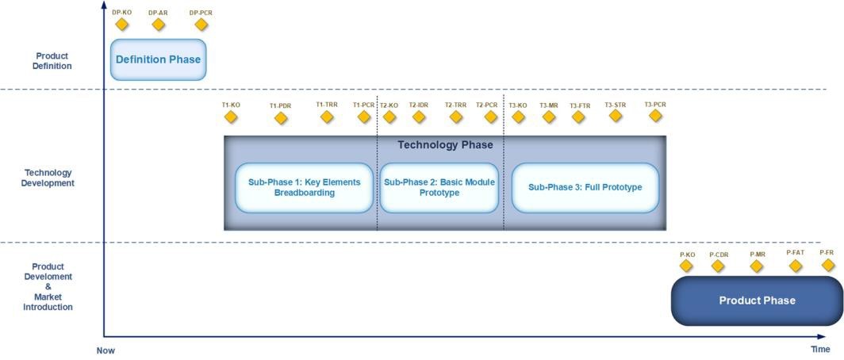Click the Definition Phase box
point(158,59)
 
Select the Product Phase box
point(757,301)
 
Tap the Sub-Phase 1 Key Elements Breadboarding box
point(304,188)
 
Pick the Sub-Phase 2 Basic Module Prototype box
point(439,188)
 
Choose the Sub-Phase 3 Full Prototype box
point(585,188)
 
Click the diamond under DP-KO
point(121,25)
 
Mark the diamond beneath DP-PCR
point(201,25)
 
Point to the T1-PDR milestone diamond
point(280,118)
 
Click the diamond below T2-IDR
point(418,117)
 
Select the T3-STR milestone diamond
point(616,116)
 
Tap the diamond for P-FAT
point(796,265)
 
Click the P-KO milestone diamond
point(686,266)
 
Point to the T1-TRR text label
point(327,104)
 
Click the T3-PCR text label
point(655,104)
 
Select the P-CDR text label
point(719,255)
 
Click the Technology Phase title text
point(445,145)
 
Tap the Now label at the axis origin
point(106,350)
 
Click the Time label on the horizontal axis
point(820,350)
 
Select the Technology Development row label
point(49,178)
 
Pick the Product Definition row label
point(52,61)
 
